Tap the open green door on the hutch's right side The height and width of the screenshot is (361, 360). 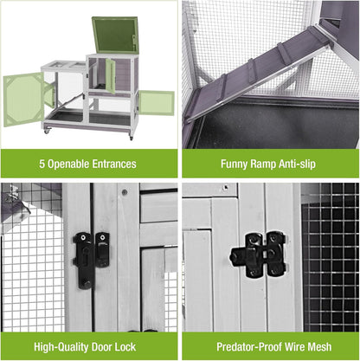click(x=156, y=102)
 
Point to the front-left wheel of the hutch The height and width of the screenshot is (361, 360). click(x=50, y=132)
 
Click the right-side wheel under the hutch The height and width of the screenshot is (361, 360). click(x=131, y=135)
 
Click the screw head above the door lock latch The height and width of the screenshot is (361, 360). click(x=124, y=192)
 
